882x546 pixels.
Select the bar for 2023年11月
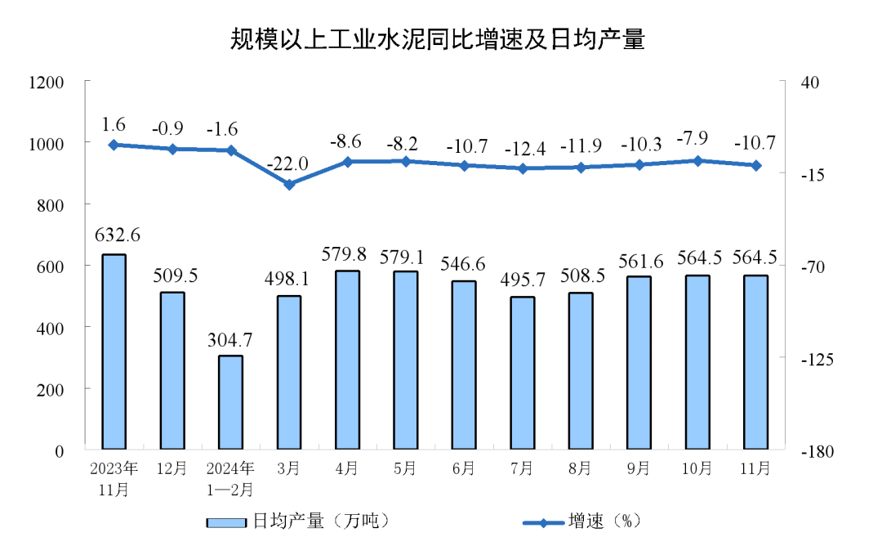coord(114,351)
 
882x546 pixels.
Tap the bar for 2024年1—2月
coord(231,402)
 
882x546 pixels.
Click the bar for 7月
coord(523,373)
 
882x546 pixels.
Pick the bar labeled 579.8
coord(347,360)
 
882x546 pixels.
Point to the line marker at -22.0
coord(289,185)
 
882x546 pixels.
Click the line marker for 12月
coord(172,149)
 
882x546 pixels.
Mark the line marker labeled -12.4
coord(523,168)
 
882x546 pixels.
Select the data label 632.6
coord(118,235)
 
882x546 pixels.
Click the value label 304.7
coord(231,337)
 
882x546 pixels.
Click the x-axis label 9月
coord(639,468)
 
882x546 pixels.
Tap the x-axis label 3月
coord(289,468)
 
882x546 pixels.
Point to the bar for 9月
coord(639,363)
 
